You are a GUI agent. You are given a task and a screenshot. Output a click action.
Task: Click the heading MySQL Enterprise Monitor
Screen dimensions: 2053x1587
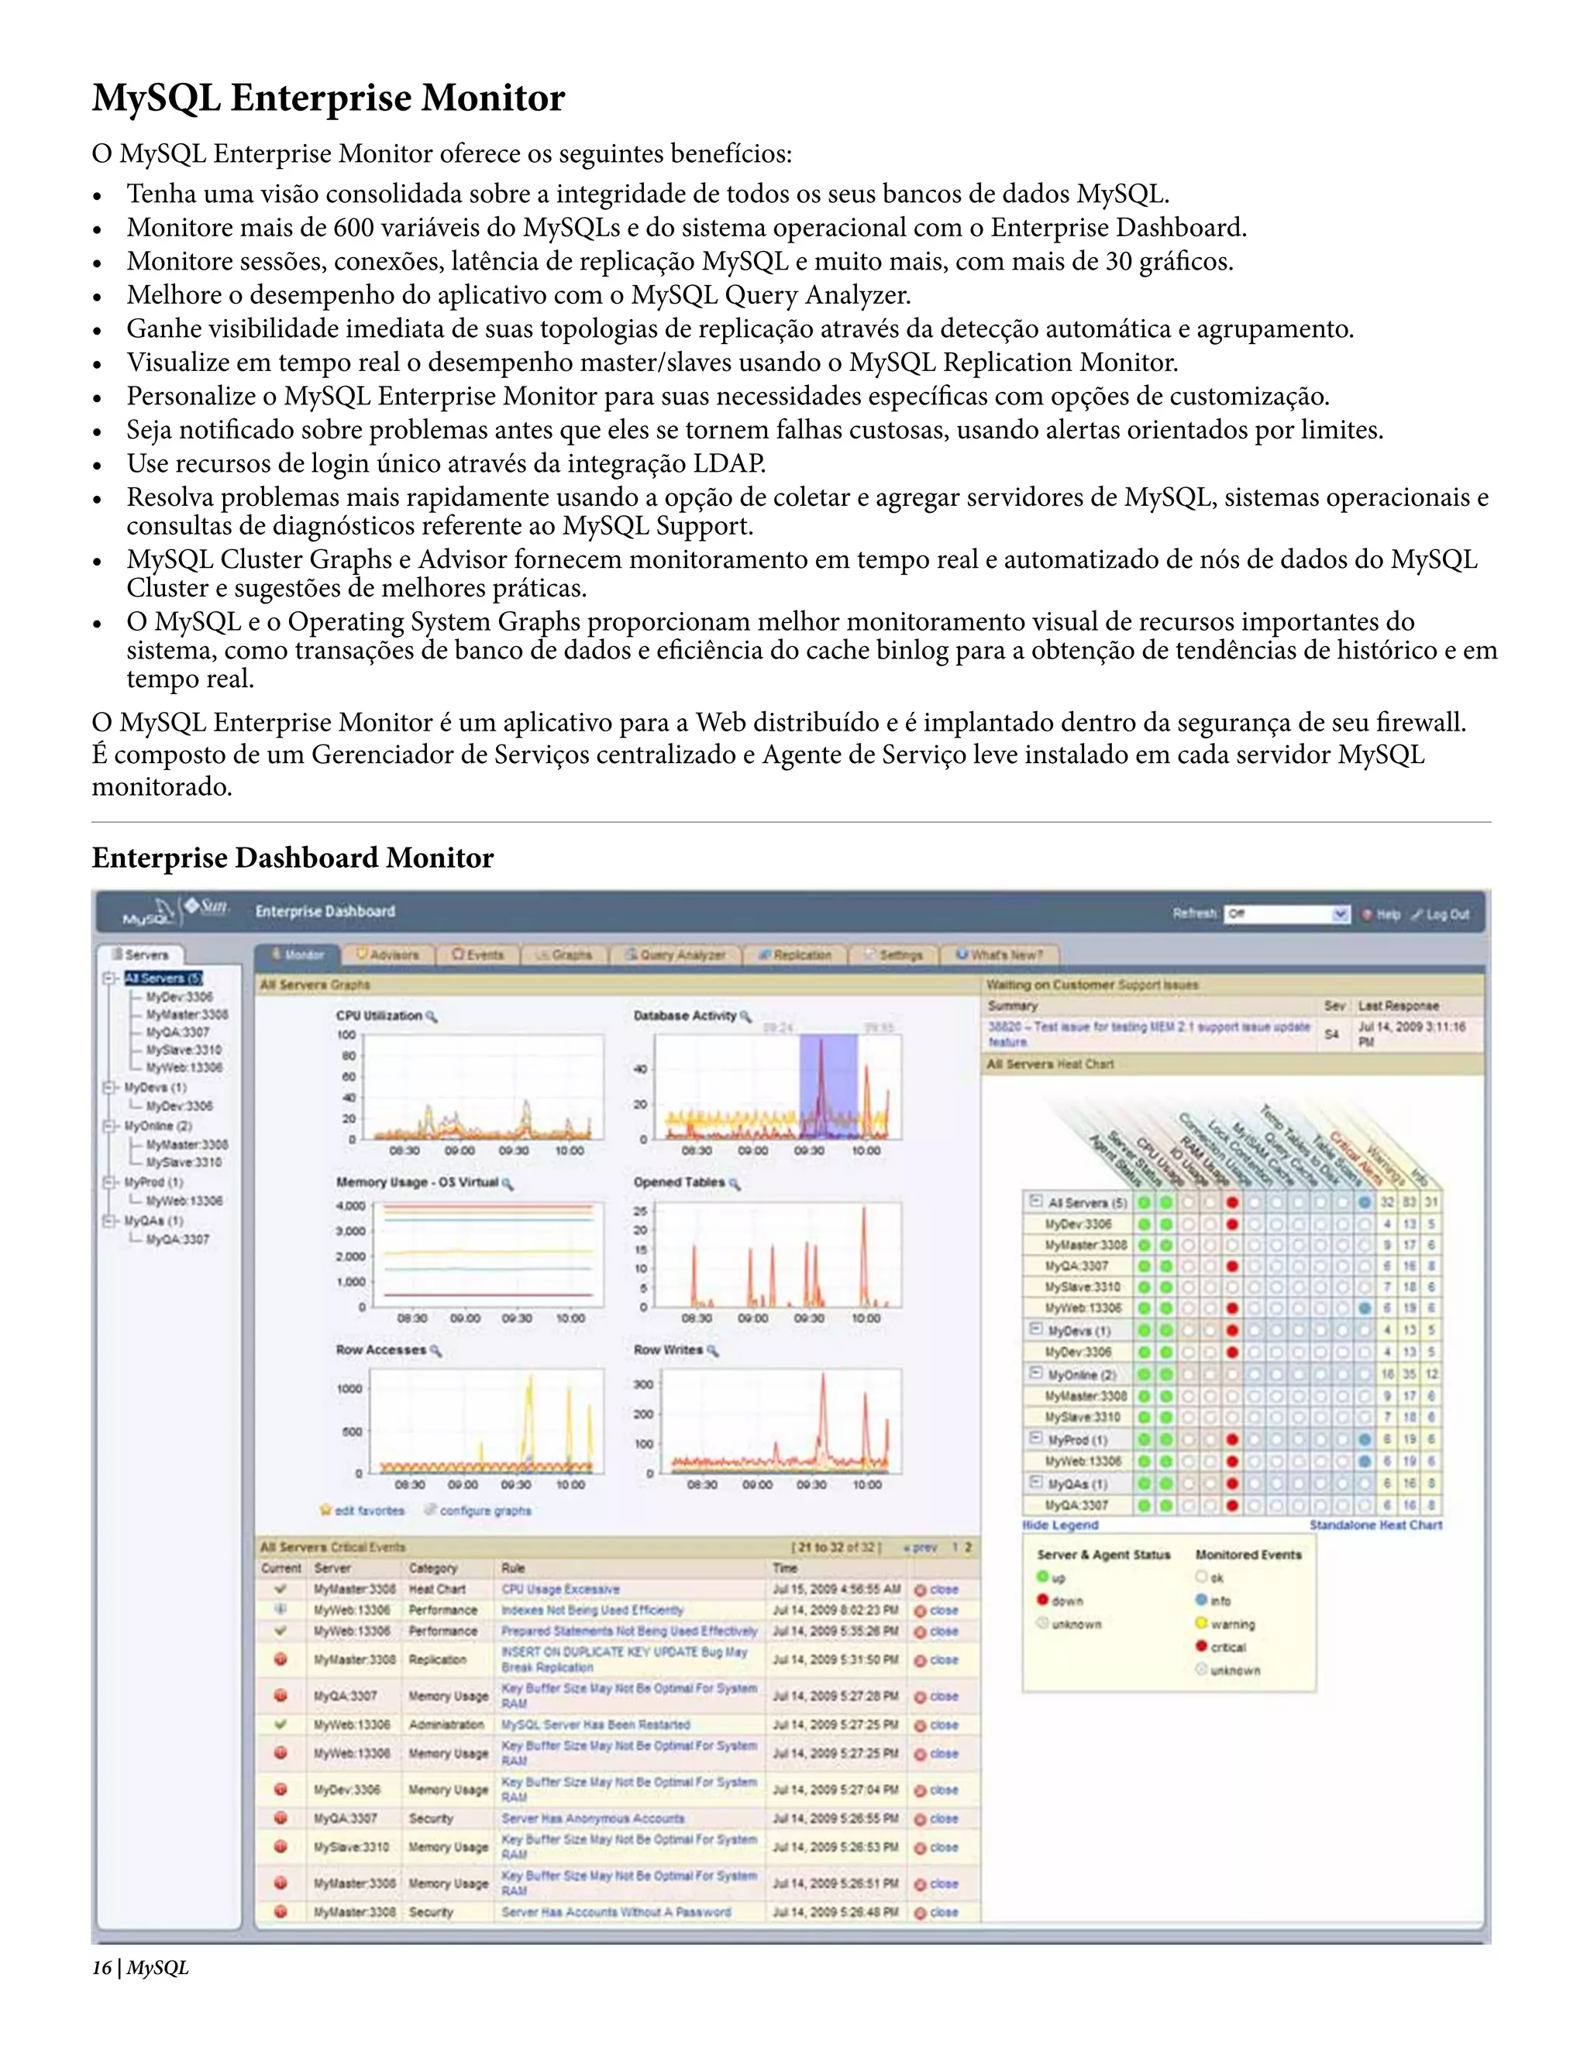coord(328,98)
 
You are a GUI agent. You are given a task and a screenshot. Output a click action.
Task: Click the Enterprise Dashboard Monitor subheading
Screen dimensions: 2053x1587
coord(292,858)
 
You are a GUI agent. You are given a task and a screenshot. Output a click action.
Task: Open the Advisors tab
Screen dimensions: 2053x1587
coord(388,955)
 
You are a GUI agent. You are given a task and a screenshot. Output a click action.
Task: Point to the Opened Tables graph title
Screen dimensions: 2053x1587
coord(679,1182)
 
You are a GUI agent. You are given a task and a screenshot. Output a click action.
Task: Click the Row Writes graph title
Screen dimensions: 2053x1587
coord(669,1350)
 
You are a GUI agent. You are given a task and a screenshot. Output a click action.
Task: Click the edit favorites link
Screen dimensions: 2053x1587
coord(370,1511)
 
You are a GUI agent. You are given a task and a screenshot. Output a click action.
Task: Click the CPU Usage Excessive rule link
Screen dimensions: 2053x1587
coord(560,1590)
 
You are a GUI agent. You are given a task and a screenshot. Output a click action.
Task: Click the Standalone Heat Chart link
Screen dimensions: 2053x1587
coord(1375,1525)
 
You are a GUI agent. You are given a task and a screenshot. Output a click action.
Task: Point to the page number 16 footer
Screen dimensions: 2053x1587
coord(102,1968)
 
